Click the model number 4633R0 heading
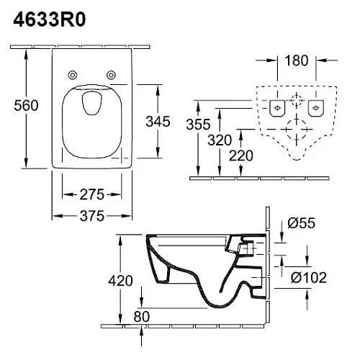[50, 20]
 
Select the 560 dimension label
[27, 105]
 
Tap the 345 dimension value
[157, 121]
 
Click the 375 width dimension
[92, 215]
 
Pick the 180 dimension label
[294, 60]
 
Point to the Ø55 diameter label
[302, 225]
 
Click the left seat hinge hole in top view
[73, 75]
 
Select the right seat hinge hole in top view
[112, 75]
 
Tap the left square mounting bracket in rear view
[276, 109]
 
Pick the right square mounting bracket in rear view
[315, 109]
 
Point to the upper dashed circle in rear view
[295, 99]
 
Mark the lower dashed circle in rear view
[295, 132]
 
